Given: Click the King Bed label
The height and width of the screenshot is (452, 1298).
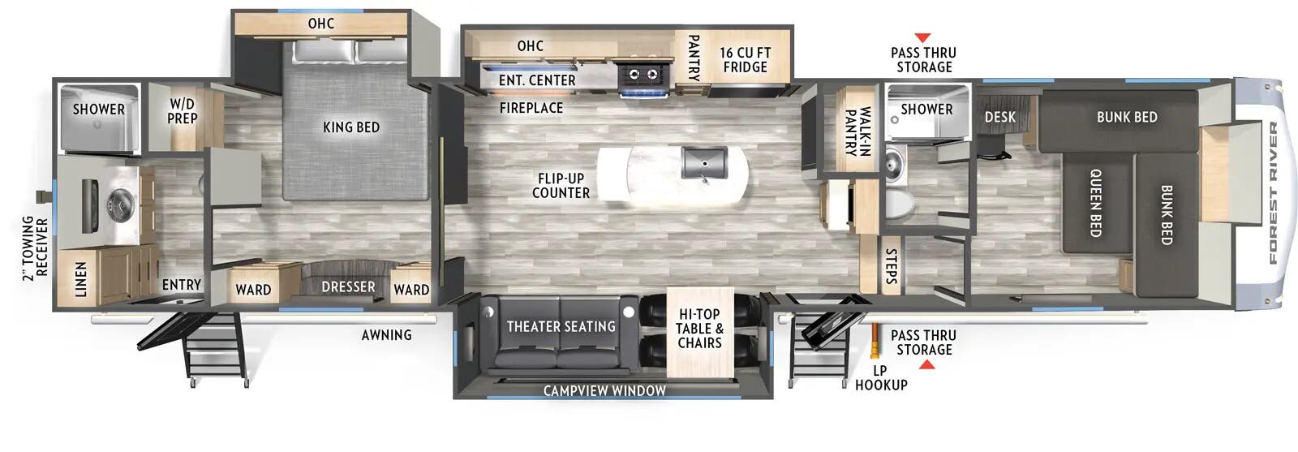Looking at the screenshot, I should coord(350,127).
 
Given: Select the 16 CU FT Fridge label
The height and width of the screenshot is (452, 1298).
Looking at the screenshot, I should coord(745,60).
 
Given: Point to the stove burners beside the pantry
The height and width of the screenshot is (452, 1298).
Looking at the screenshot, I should coord(644,75).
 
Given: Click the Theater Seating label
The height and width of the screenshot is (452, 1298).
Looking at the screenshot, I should coord(561,326).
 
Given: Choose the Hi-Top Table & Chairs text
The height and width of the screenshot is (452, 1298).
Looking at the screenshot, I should coord(699,328).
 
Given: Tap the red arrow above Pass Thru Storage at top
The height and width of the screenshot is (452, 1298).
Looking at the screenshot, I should coord(922,38).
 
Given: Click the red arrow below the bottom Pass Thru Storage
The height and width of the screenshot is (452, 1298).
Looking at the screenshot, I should coord(926,365).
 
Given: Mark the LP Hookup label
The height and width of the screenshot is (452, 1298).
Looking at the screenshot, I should coord(880,377).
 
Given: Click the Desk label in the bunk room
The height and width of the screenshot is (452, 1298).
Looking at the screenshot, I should coord(999,117).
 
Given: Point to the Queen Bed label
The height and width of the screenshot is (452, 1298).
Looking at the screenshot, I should coord(1094,202).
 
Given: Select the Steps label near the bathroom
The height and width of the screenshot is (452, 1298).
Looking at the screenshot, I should coord(891,266).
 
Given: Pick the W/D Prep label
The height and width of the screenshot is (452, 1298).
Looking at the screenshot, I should coord(182,111).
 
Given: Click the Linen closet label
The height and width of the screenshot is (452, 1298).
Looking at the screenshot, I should coord(81,279).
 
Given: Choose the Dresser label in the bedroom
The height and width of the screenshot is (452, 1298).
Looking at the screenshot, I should coord(348,287).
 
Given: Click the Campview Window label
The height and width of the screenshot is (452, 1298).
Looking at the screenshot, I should coord(604,390).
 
